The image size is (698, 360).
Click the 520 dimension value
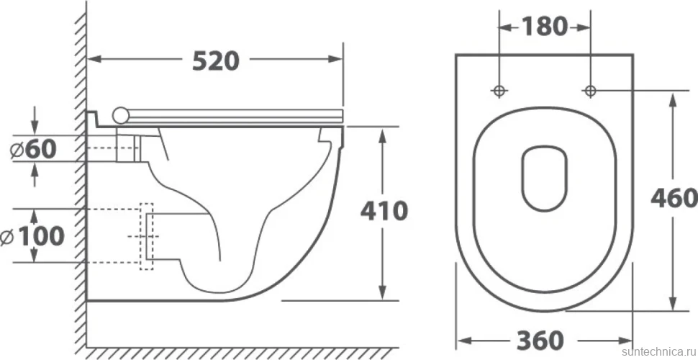coord(216,61)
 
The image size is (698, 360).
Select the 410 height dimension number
coord(384,211)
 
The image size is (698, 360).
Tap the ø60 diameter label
coord(33,149)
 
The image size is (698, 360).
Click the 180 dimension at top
coord(544,27)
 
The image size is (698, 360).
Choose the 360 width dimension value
coord(540,341)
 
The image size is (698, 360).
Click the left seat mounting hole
coord(499,91)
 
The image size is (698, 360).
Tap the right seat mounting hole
coord(590,91)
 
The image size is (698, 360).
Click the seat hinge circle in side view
coord(121,115)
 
